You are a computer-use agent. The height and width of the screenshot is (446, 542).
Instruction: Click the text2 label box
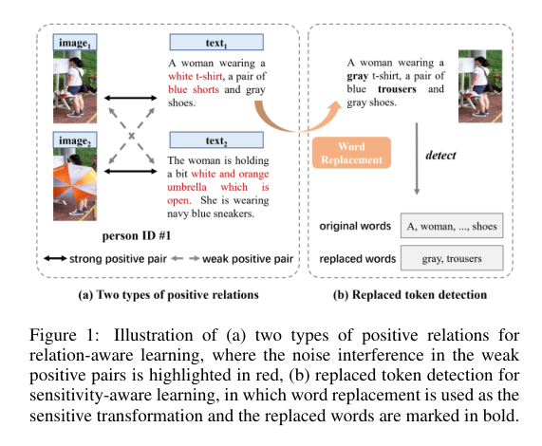point(215,141)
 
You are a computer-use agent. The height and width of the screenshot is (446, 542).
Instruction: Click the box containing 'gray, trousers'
point(452,258)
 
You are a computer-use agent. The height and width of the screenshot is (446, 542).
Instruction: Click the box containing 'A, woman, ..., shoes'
point(452,227)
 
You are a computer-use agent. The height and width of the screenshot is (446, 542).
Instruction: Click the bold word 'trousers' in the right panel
point(398,89)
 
